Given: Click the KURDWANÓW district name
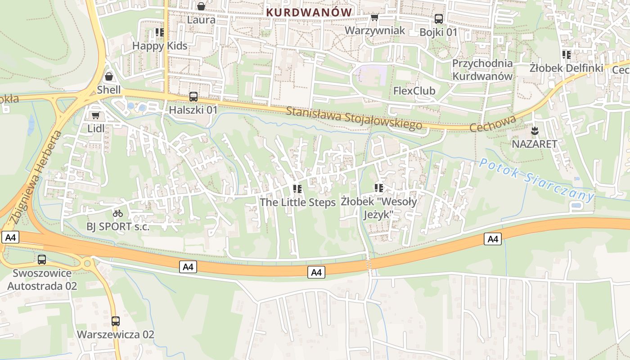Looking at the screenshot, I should [308, 12].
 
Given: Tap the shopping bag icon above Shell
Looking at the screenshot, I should [109, 76].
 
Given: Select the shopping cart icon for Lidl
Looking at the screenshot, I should [95, 116].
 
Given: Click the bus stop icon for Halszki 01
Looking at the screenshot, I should [193, 96].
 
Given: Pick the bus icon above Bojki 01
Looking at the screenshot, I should [438, 19].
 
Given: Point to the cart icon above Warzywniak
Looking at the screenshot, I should [374, 18].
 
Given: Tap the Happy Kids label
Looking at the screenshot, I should [160, 45].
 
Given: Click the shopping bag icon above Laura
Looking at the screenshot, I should [201, 6].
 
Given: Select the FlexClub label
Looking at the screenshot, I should [414, 91].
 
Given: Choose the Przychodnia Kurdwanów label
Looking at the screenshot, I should [482, 70].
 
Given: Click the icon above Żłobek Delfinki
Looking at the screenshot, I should [566, 55].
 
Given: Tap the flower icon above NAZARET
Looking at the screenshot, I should [535, 131].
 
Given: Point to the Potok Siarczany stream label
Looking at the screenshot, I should [536, 179].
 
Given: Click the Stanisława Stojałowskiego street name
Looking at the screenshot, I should [354, 118].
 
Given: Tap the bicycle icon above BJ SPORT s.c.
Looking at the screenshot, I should [118, 213].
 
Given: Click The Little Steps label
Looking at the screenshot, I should [297, 202].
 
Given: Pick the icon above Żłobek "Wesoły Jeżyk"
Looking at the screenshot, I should [378, 188].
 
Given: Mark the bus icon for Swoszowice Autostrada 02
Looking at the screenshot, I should [42, 260].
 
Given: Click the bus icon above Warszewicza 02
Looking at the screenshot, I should [116, 321].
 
